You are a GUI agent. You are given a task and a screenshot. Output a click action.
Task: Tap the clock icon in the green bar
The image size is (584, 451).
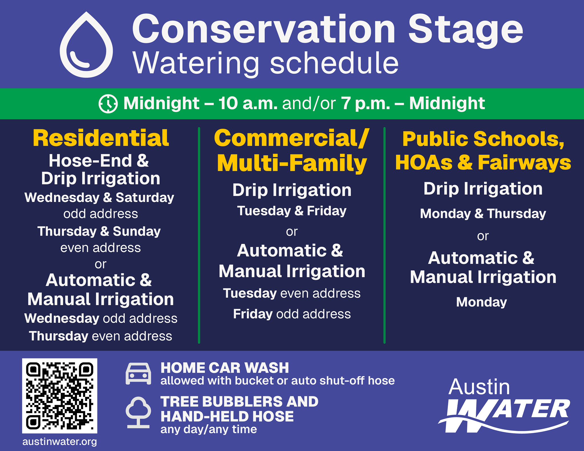click(108, 104)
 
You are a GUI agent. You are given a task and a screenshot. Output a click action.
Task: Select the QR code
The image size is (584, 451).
click(60, 396)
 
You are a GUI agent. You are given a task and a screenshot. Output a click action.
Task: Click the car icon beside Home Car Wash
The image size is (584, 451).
click(138, 374)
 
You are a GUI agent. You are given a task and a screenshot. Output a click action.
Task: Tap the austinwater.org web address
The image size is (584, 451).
click(60, 442)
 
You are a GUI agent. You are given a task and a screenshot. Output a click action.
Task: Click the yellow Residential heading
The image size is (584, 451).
click(101, 138)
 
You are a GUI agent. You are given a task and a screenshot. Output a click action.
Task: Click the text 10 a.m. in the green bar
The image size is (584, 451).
click(248, 103)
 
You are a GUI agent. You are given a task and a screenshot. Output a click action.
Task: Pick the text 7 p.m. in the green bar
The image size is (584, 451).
click(366, 103)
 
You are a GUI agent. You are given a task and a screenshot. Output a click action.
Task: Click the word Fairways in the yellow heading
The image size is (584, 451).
click(524, 162)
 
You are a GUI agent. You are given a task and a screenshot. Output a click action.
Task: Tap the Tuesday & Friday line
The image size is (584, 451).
click(292, 211)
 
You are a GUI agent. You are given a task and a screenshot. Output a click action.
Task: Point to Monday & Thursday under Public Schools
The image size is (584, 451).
click(483, 214)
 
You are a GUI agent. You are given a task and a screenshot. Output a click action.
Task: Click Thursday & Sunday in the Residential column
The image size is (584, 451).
click(99, 231)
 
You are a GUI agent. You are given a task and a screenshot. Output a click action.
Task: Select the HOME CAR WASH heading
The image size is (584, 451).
click(225, 368)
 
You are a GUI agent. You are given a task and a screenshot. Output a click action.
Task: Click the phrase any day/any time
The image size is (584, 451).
click(209, 429)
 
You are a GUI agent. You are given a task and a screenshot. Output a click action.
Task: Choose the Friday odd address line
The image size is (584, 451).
click(292, 314)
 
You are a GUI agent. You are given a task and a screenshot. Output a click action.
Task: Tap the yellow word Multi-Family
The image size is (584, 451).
click(292, 163)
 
